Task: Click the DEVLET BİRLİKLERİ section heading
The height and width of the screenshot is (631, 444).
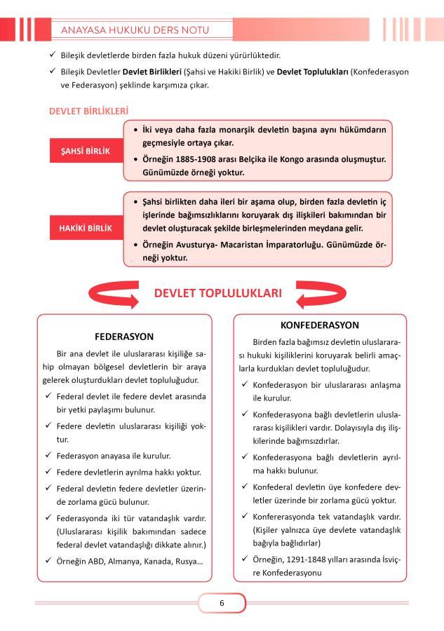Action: (x=88, y=111)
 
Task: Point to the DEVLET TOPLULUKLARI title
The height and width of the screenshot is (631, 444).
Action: (x=218, y=293)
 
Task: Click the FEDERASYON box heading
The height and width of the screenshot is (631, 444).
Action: (x=124, y=336)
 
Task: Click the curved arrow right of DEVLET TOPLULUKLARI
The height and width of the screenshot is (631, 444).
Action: (x=322, y=294)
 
